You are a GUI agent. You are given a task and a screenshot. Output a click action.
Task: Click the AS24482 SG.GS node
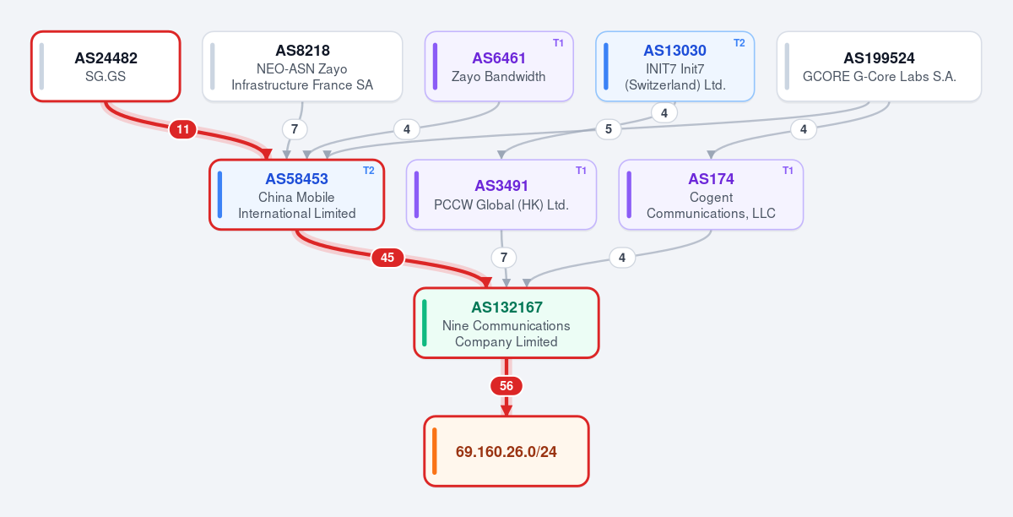pyautogui.click(x=106, y=67)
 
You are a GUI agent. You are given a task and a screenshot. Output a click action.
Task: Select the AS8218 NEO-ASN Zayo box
pyautogui.click(x=302, y=67)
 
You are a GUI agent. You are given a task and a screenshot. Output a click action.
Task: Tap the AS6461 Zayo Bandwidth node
pyautogui.click(x=499, y=67)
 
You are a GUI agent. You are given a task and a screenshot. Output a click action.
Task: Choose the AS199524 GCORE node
pyautogui.click(x=879, y=67)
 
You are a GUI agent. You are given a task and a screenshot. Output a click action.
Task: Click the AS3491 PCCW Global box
pyautogui.click(x=501, y=194)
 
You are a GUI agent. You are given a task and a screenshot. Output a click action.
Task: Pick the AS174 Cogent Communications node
pyautogui.click(x=711, y=194)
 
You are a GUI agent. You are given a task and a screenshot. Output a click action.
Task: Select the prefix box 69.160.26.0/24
pyautogui.click(x=506, y=451)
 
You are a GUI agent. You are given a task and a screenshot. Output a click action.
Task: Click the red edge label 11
pyautogui.click(x=182, y=129)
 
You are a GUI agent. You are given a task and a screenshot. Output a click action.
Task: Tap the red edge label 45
pyautogui.click(x=387, y=258)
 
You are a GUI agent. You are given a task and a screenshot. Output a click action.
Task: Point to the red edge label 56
pyautogui.click(x=506, y=386)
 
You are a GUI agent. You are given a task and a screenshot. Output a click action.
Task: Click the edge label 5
pyautogui.click(x=609, y=129)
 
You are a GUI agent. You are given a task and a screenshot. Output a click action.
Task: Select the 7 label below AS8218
pyautogui.click(x=295, y=129)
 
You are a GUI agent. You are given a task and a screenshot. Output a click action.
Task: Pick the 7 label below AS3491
pyautogui.click(x=504, y=258)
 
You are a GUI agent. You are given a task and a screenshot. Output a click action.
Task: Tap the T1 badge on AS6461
pyautogui.click(x=558, y=43)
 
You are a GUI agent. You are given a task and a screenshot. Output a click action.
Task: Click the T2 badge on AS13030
pyautogui.click(x=739, y=43)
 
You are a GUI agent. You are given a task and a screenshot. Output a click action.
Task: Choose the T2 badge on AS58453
pyautogui.click(x=369, y=171)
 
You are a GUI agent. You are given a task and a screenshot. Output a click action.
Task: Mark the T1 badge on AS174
pyautogui.click(x=788, y=171)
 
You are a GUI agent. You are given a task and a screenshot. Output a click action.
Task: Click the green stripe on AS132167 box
pyautogui.click(x=424, y=323)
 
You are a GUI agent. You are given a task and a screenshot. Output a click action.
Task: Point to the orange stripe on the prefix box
pyautogui.click(x=434, y=451)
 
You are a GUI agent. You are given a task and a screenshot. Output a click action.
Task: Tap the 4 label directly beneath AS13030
pyautogui.click(x=664, y=112)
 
